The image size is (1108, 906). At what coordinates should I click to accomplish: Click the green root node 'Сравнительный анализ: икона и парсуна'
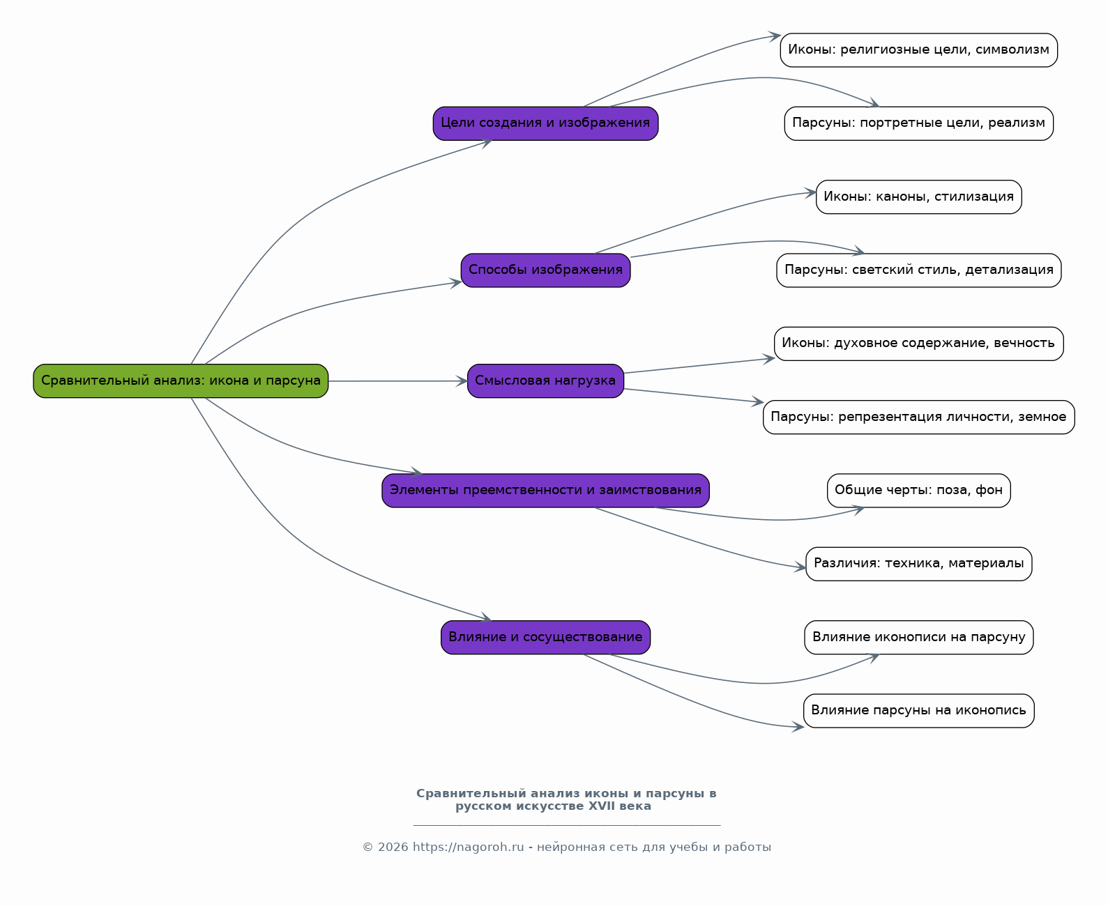(181, 381)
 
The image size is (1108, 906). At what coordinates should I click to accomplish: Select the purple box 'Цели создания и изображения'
(545, 123)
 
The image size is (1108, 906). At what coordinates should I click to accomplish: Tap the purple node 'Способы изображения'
(545, 270)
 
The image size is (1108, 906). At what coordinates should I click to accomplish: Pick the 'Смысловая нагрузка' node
(545, 381)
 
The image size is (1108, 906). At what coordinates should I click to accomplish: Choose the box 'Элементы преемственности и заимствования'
(545, 491)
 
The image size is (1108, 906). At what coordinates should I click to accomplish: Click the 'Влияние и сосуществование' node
(545, 638)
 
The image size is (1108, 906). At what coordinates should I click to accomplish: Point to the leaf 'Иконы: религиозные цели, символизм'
(919, 50)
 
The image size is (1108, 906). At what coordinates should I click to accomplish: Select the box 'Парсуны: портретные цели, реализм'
(919, 123)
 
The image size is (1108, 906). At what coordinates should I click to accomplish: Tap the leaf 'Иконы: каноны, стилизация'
(919, 197)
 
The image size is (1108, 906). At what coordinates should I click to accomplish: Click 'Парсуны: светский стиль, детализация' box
(919, 270)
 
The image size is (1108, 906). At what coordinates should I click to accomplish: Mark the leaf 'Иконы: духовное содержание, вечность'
(919, 344)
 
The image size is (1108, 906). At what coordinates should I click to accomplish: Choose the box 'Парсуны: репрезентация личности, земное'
(919, 417)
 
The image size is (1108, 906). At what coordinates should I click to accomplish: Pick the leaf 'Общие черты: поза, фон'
(919, 491)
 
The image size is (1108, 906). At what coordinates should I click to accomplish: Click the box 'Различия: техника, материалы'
(919, 564)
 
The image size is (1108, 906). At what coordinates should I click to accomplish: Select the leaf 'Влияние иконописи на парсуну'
(919, 638)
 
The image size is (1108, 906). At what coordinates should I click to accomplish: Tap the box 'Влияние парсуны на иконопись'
(919, 711)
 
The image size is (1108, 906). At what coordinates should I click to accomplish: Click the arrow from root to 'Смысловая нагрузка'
(397, 381)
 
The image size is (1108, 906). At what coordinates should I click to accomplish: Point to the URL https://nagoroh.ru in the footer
(468, 847)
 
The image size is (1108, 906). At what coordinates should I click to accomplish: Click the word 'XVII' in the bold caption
(602, 806)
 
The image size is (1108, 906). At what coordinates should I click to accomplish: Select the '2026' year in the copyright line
(393, 847)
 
